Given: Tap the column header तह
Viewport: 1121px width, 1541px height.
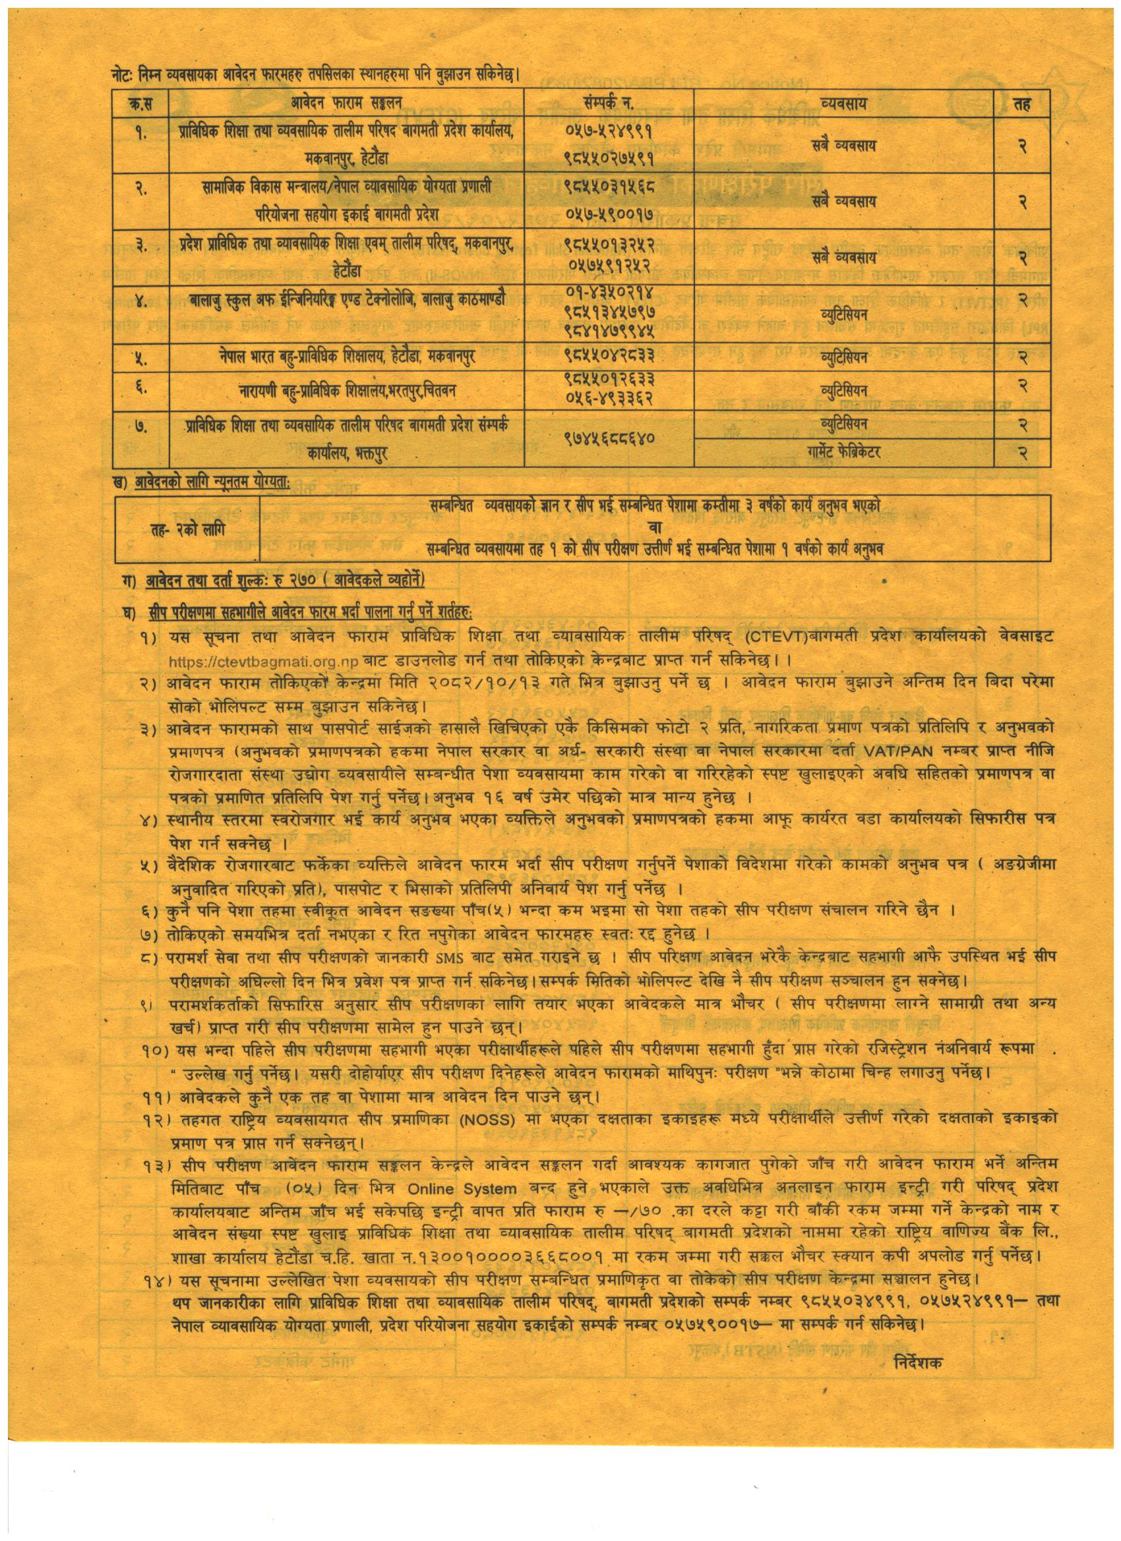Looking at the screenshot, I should point(1021,105).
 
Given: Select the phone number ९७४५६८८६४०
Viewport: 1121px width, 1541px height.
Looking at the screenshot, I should point(609,438).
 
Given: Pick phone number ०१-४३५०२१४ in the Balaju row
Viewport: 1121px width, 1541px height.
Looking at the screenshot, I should point(609,293).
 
